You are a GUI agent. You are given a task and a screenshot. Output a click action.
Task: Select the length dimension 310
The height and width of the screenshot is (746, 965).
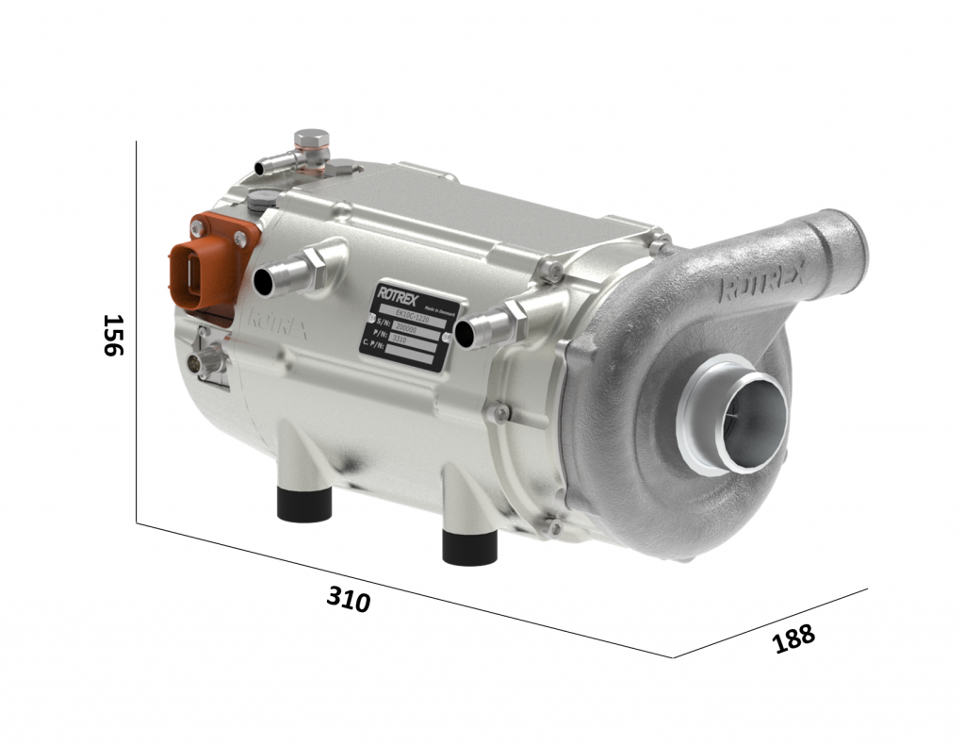coord(349,599)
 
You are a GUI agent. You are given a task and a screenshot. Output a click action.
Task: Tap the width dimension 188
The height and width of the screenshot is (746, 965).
coord(793,638)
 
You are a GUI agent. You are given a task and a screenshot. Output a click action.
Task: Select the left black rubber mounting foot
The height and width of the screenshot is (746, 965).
coord(304,504)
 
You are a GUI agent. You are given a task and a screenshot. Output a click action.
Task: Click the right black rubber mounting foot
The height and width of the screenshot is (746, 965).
coord(469,546)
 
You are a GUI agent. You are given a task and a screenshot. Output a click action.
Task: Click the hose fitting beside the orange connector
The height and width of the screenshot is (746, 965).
coord(287,274)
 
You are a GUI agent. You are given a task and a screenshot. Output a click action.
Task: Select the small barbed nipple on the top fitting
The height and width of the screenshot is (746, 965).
coord(268,167)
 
